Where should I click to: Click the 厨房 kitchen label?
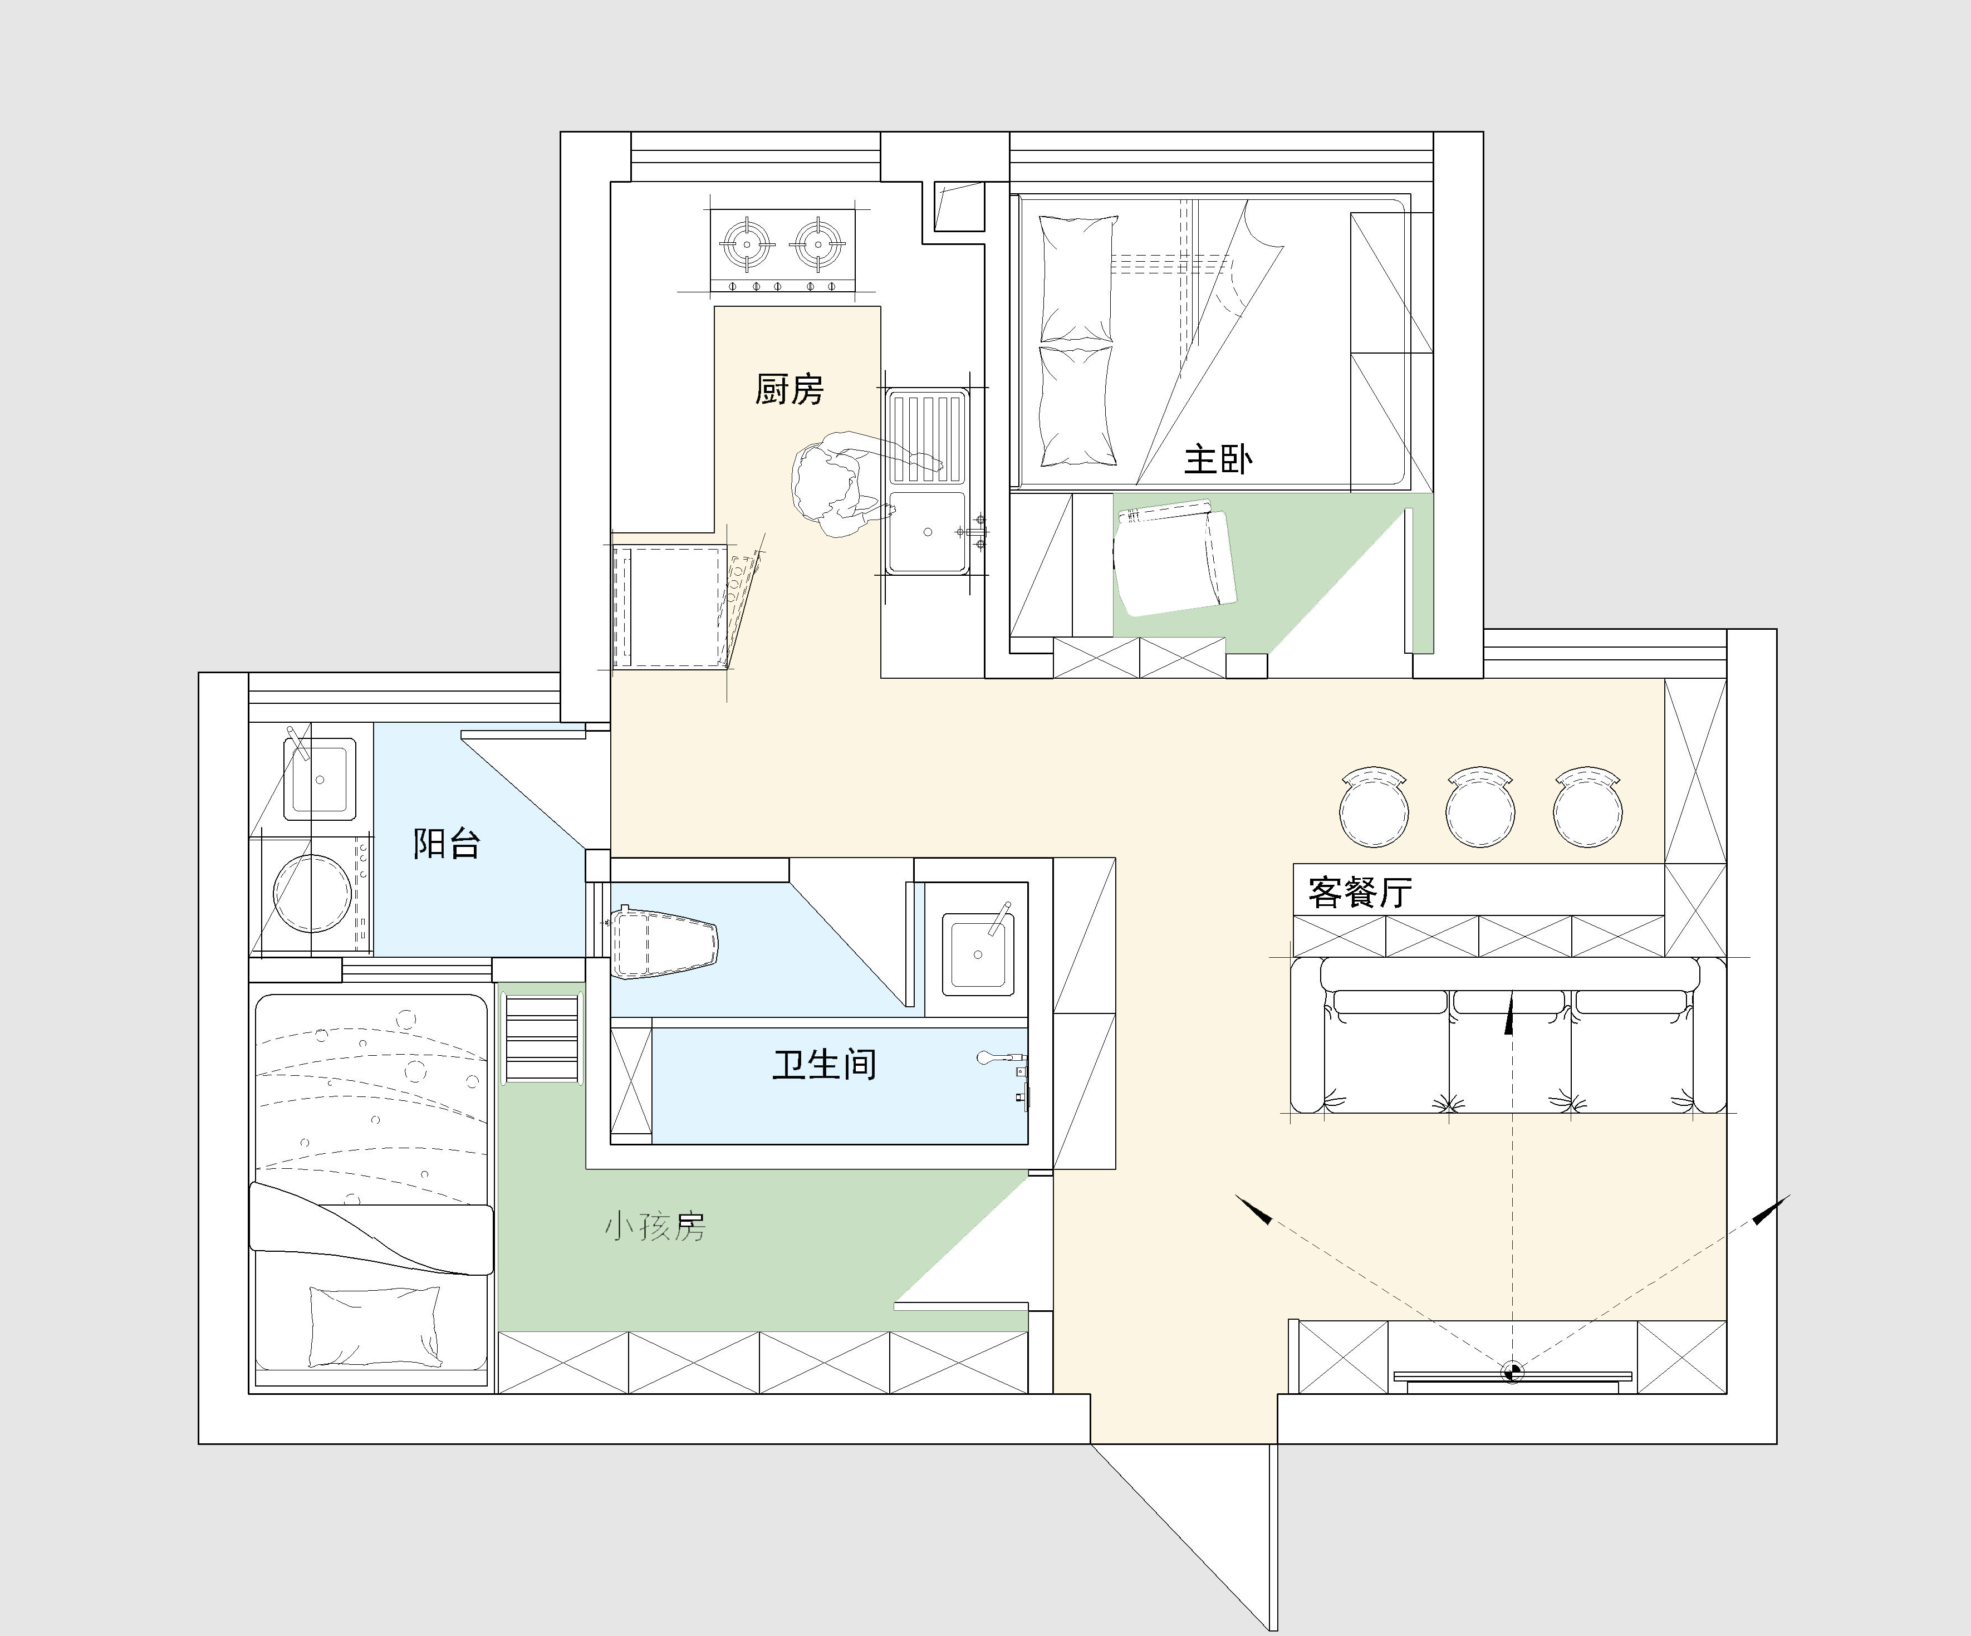click(790, 389)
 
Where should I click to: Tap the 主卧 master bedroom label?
click(1218, 459)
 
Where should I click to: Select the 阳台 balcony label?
click(447, 843)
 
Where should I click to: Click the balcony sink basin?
click(320, 778)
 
